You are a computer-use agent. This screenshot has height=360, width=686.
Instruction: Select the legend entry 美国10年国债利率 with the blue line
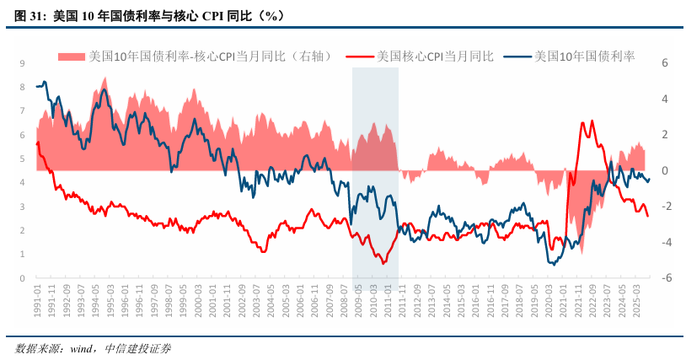tap(573, 56)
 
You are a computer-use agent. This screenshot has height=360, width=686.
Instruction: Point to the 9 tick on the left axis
tap(21, 63)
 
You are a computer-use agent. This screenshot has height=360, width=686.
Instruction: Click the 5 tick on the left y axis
tap(21, 159)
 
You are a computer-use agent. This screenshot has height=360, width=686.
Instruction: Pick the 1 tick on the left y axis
tap(21, 254)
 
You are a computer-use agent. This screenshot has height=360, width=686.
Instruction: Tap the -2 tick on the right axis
tap(664, 207)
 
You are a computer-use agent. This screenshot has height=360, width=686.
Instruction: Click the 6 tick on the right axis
tap(665, 63)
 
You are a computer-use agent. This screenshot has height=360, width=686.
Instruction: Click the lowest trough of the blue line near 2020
tap(553, 264)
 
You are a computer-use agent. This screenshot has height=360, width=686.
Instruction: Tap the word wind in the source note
tap(80, 348)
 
